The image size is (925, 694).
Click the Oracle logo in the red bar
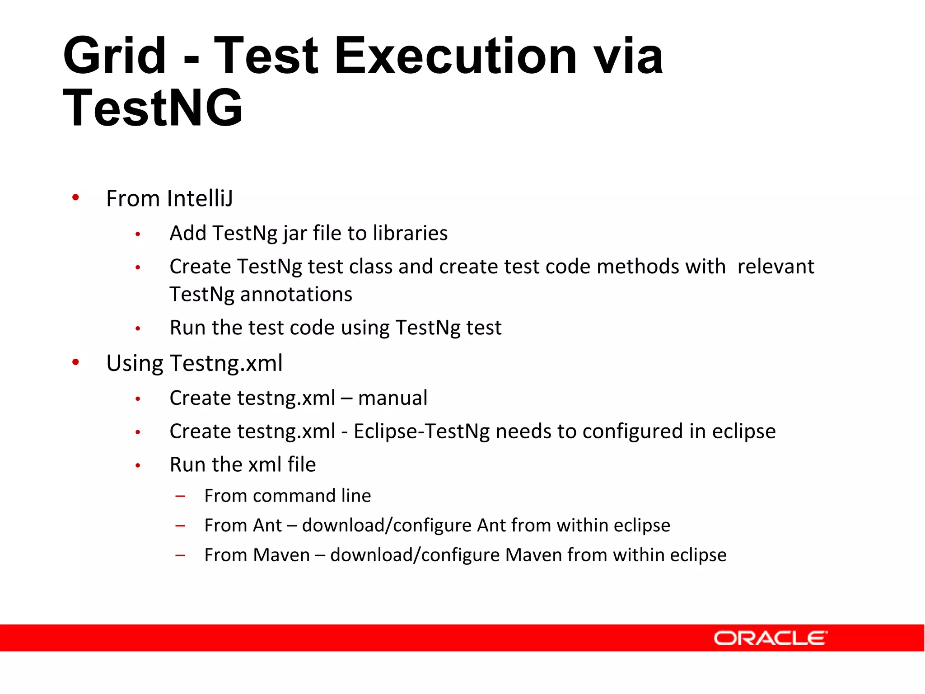pyautogui.click(x=770, y=638)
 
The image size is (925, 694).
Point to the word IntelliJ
pyautogui.click(x=200, y=198)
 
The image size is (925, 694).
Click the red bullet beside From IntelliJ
pyautogui.click(x=75, y=197)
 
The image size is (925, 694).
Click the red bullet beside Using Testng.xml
pyautogui.click(x=75, y=362)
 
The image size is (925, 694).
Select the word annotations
pyautogui.click(x=296, y=294)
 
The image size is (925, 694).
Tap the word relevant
pyautogui.click(x=776, y=267)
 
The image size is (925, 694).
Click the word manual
pyautogui.click(x=392, y=398)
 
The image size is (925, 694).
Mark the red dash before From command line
pyautogui.click(x=181, y=496)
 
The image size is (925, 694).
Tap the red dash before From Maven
pyautogui.click(x=181, y=555)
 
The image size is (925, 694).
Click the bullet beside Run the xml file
pyautogui.click(x=138, y=465)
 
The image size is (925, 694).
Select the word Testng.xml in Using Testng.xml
pyautogui.click(x=226, y=363)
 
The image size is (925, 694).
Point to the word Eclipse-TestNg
pyautogui.click(x=421, y=431)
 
